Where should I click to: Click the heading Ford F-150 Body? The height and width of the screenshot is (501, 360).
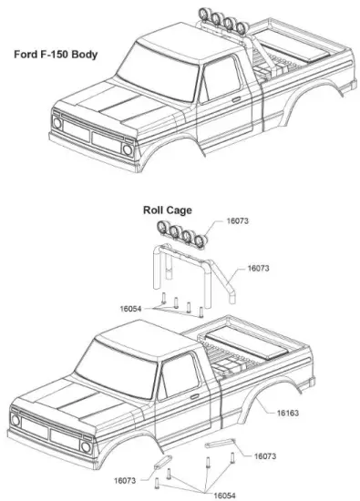point(56,55)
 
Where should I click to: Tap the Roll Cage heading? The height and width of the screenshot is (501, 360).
point(167,210)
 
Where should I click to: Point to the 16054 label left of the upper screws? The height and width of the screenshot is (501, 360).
point(134,310)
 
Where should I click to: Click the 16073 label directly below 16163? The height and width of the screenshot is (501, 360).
point(266,455)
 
